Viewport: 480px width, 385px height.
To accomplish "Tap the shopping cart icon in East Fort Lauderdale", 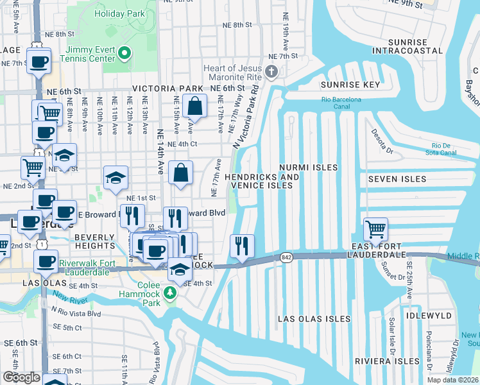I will pyautogui.click(x=375, y=229).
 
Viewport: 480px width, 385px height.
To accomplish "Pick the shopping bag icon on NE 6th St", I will pyautogui.click(x=193, y=106).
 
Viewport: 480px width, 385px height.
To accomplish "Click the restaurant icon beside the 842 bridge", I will pyautogui.click(x=242, y=246).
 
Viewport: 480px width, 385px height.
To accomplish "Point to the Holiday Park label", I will pyautogui.click(x=119, y=13).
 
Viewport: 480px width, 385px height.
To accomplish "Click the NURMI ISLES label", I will pyautogui.click(x=308, y=167).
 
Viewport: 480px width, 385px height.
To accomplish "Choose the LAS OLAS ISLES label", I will pyautogui.click(x=314, y=319).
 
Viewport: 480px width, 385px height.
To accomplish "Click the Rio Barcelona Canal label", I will pyautogui.click(x=341, y=99).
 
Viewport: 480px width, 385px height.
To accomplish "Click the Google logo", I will pyautogui.click(x=21, y=377).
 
